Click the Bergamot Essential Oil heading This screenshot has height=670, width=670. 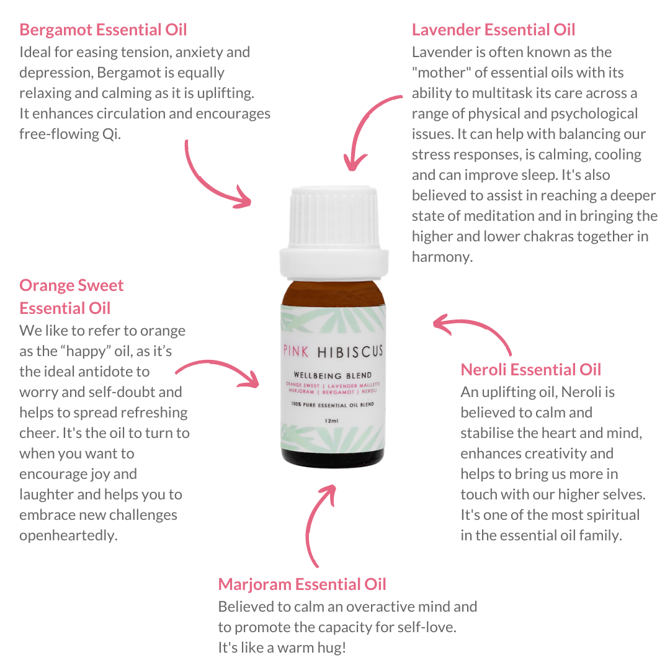tap(103, 30)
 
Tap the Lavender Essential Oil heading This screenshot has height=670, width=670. tap(494, 30)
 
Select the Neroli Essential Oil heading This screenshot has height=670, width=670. tap(530, 370)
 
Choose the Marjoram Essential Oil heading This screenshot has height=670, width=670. tap(302, 584)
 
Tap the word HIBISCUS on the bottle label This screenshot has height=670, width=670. tap(350, 352)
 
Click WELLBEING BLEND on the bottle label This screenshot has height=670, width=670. tap(333, 375)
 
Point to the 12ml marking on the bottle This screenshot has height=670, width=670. tap(331, 421)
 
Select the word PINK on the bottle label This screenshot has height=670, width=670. tap(296, 352)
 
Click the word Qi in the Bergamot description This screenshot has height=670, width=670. tap(111, 134)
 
